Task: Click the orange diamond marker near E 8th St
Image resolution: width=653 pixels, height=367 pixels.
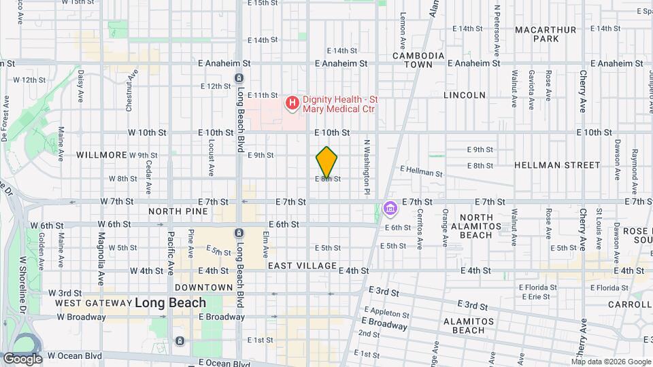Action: pyautogui.click(x=327, y=162)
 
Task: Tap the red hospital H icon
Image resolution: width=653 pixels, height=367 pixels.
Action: pyautogui.click(x=292, y=103)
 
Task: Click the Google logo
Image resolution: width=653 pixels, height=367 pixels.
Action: pyautogui.click(x=22, y=359)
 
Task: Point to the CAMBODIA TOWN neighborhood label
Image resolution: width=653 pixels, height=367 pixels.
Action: pyautogui.click(x=418, y=60)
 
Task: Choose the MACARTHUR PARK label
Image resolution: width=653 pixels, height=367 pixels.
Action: pyautogui.click(x=546, y=34)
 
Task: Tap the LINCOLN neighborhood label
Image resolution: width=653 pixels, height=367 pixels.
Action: pyautogui.click(x=465, y=95)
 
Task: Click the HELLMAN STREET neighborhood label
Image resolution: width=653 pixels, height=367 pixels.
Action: pyautogui.click(x=557, y=165)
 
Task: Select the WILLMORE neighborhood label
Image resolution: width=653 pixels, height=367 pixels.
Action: pyautogui.click(x=101, y=155)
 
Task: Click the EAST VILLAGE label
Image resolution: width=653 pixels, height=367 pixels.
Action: pyautogui.click(x=302, y=265)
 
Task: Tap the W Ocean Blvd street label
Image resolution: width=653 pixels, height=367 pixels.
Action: pyautogui.click(x=74, y=355)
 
